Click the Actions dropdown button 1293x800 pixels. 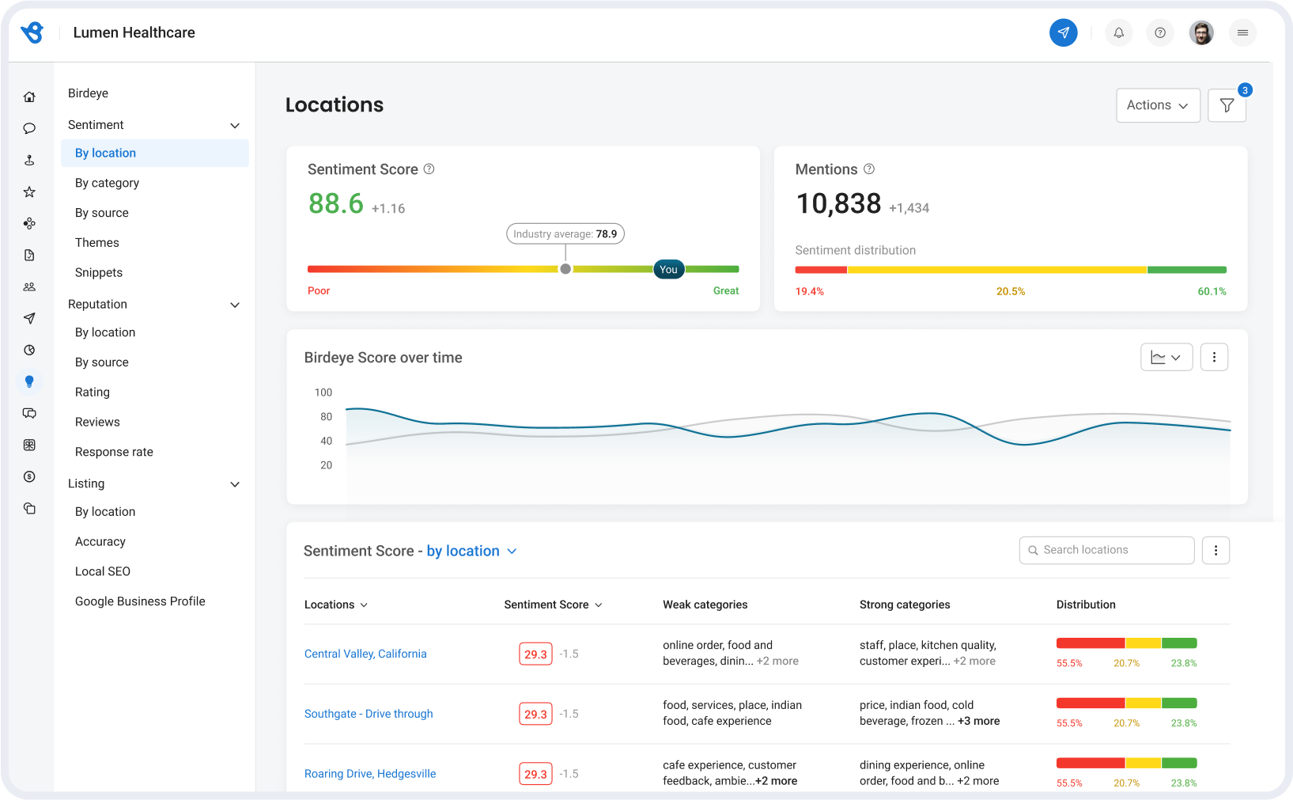[1157, 105]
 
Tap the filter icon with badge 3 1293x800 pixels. [1227, 105]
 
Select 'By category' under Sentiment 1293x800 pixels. [107, 183]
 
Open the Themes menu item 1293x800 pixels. [97, 243]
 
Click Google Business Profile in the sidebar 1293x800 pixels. [140, 601]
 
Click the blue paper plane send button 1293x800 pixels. [1063, 32]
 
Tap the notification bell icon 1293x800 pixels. [1118, 32]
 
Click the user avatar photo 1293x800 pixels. [1200, 32]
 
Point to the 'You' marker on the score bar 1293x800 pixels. [668, 269]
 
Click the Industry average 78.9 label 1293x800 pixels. [565, 234]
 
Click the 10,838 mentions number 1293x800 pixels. [837, 204]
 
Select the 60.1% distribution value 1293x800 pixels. [1211, 291]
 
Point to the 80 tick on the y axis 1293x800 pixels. [326, 416]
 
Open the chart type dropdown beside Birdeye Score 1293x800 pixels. [1166, 358]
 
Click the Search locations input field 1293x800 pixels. [1107, 550]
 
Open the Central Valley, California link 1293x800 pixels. [365, 654]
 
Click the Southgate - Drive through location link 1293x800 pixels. [369, 714]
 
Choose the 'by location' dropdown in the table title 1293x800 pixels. [471, 551]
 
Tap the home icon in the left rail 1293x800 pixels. [29, 97]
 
